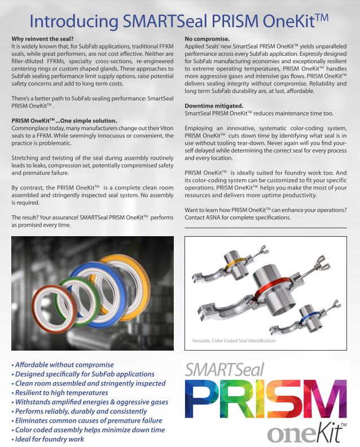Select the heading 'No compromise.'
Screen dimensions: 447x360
click(x=207, y=38)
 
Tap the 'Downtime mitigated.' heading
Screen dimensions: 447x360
click(x=214, y=106)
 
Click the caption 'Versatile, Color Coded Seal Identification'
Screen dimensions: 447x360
click(x=234, y=341)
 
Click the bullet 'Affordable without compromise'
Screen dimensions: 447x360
click(x=63, y=365)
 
